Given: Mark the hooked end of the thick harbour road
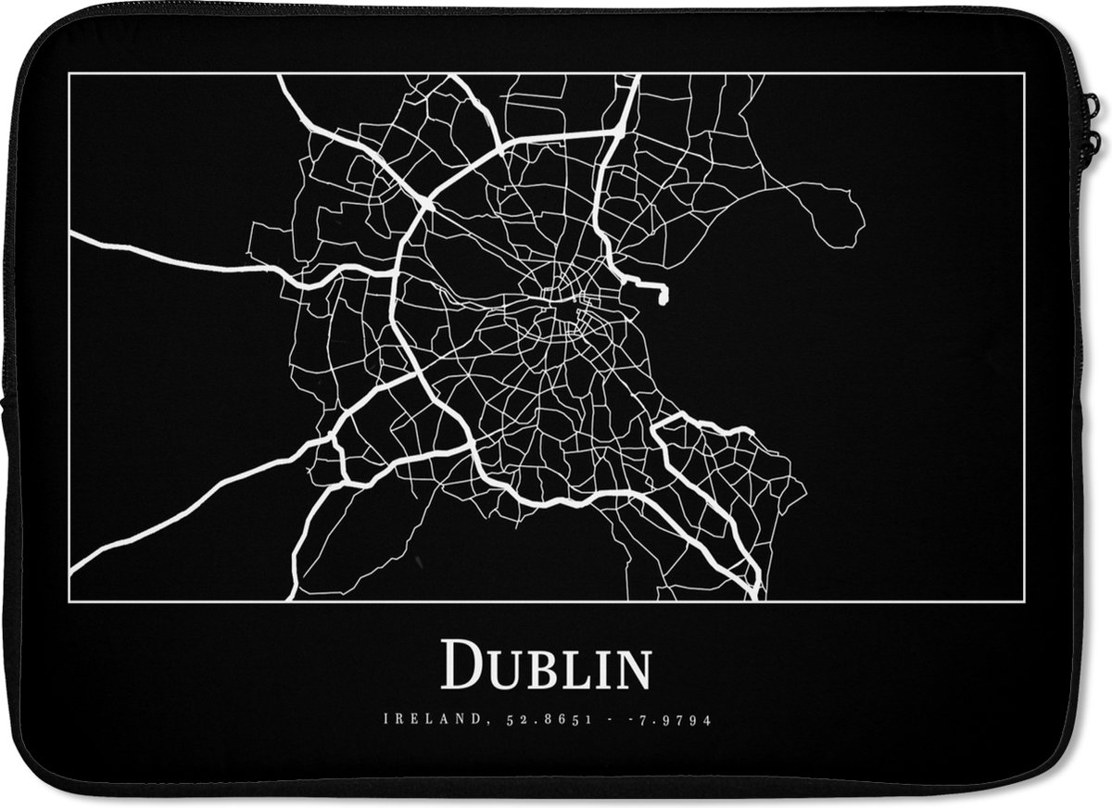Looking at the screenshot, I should pos(663,295).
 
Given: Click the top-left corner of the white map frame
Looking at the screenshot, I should pos(69,74).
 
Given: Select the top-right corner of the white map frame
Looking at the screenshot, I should pos(1024,74).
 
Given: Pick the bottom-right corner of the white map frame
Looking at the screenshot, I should pos(1024,601).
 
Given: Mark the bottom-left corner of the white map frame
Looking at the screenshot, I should pos(69,601).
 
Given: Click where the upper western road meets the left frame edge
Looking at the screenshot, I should pos(71,234).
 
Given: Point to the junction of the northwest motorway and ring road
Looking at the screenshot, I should pos(425,200).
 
